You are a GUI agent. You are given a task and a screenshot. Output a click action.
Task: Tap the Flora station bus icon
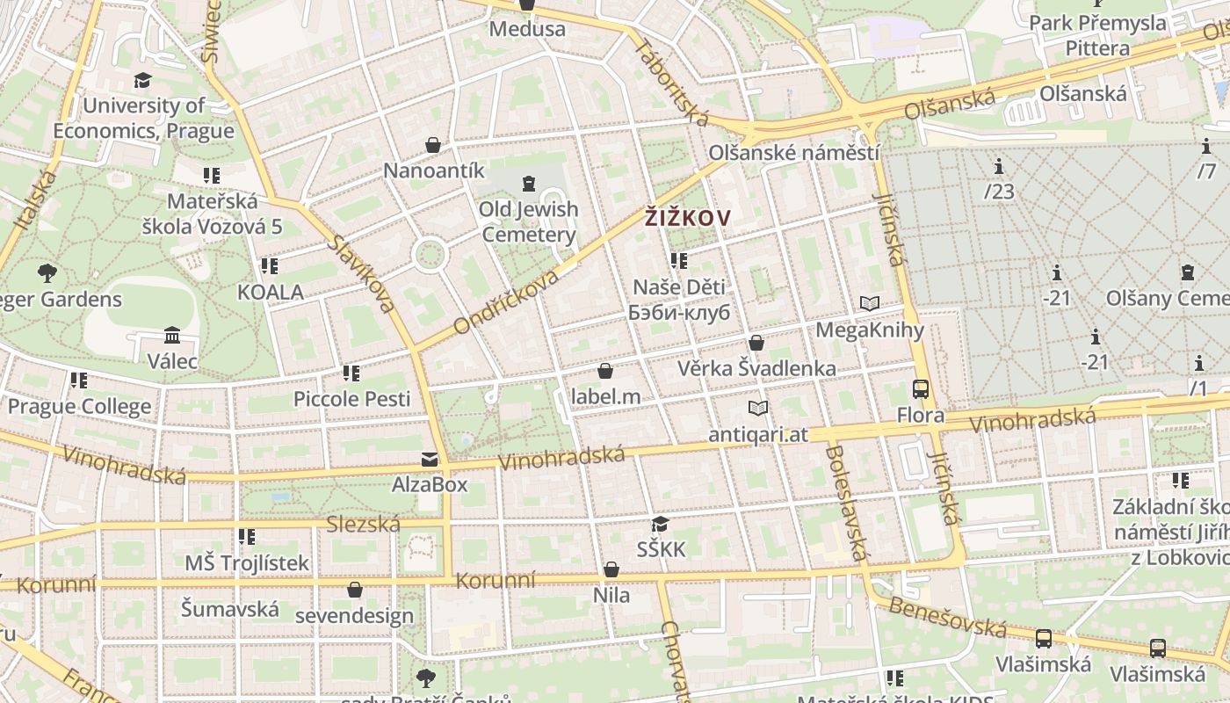click(x=921, y=388)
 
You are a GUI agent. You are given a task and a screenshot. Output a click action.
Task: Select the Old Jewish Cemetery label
click(x=529, y=221)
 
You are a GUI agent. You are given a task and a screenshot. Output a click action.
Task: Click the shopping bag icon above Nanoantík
click(x=433, y=145)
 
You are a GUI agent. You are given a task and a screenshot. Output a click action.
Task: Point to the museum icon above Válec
click(x=172, y=336)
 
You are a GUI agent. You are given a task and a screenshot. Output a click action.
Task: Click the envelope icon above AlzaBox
click(x=430, y=459)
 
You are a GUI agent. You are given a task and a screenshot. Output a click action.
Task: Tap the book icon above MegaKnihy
click(x=870, y=304)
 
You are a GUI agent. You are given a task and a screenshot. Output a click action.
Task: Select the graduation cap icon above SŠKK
click(x=661, y=525)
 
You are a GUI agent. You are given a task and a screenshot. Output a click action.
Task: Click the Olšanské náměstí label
click(x=794, y=153)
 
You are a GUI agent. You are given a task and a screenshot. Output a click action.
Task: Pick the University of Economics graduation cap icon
click(x=142, y=81)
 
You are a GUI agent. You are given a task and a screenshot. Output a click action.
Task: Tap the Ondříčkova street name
click(x=506, y=302)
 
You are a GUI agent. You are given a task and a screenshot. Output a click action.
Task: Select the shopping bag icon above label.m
click(x=605, y=372)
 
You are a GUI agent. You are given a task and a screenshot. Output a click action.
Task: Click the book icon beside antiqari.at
click(x=758, y=409)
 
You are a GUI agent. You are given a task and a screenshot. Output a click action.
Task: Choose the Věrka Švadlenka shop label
click(x=756, y=368)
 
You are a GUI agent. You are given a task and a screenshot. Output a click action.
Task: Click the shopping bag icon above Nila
click(x=611, y=570)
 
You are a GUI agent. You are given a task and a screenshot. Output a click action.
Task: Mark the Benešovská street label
click(x=947, y=617)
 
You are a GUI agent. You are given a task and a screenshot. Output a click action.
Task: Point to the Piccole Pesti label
click(x=351, y=399)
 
